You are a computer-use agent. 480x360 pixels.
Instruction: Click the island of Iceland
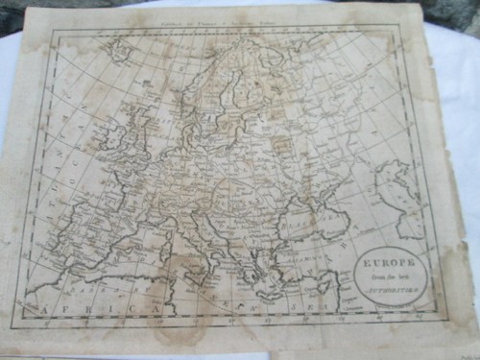119,48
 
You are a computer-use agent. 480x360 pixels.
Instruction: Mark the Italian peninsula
202,245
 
